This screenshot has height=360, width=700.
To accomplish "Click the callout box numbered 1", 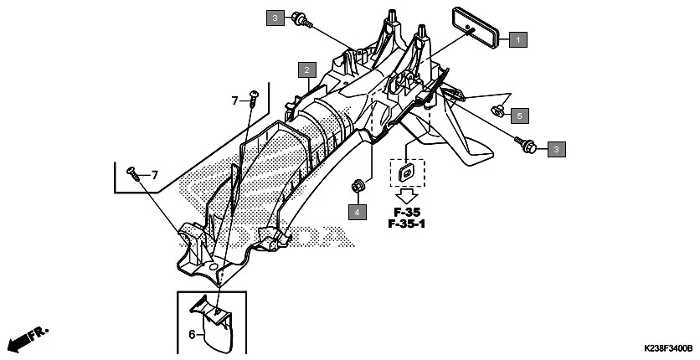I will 519,39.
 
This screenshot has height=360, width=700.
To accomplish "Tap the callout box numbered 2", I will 308,69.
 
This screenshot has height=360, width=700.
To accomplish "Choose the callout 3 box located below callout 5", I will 556,149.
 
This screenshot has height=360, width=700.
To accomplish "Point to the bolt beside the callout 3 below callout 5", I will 527,145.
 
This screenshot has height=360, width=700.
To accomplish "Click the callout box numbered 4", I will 357,212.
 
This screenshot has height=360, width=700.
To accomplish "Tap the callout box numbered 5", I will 519,114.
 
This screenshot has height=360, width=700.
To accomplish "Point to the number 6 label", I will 191,333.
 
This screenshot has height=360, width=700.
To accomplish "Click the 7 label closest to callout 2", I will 235,101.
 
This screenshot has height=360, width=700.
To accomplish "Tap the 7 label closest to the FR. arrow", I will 155,175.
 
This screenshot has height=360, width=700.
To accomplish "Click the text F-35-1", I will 406,224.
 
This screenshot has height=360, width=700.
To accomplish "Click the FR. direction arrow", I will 24,338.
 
